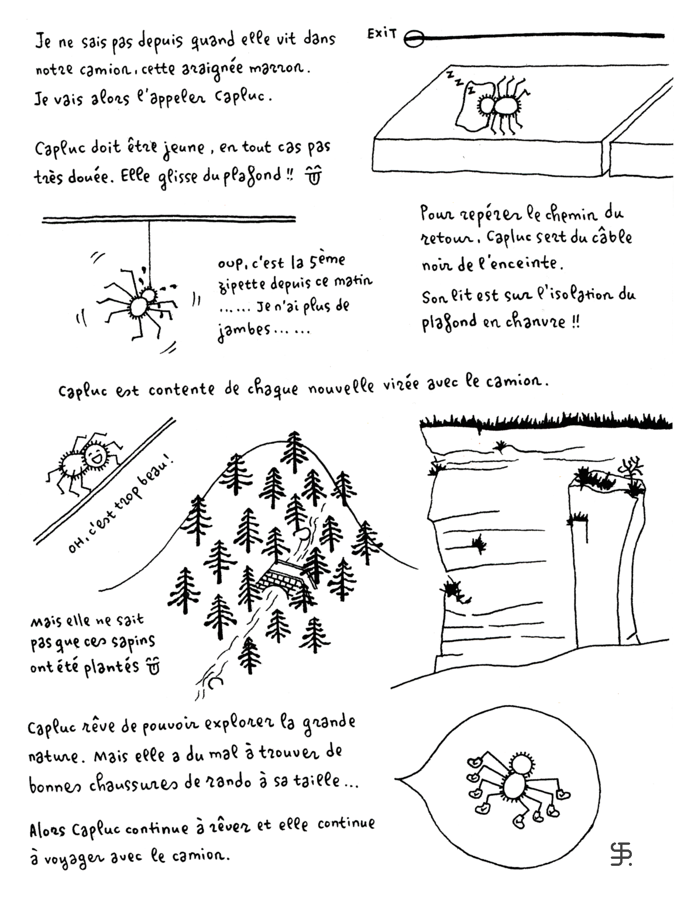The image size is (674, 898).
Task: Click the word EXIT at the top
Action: tap(382, 33)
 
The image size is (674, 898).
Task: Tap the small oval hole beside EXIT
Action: tap(414, 39)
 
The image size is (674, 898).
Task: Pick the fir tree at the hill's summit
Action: tap(295, 452)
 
